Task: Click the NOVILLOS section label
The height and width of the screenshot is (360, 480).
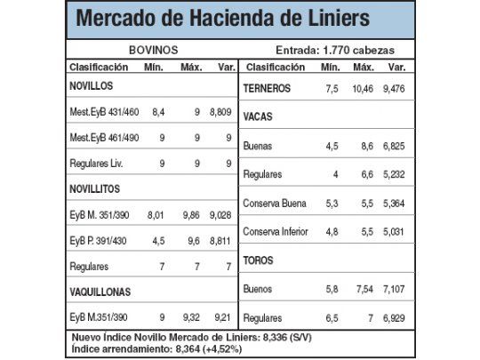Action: click(x=94, y=87)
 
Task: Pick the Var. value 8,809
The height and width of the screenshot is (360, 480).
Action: click(x=219, y=113)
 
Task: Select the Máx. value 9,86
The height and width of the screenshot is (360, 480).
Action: click(x=192, y=215)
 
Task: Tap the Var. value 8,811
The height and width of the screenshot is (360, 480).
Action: click(x=219, y=240)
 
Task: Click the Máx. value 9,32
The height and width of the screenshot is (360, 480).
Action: click(x=192, y=317)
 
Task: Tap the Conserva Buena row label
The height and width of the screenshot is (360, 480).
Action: click(x=275, y=204)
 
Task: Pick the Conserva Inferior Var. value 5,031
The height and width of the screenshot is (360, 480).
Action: click(x=393, y=232)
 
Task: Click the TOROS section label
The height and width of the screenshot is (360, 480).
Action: click(x=258, y=260)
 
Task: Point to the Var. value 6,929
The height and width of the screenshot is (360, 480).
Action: click(x=393, y=317)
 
